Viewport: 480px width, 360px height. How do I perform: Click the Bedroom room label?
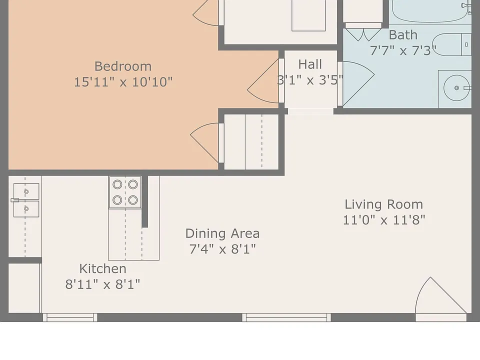click(x=123, y=66)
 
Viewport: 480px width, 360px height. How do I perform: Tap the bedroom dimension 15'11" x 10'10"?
click(x=123, y=82)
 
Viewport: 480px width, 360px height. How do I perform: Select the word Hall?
click(x=310, y=64)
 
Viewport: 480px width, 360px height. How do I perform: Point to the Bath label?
click(x=403, y=35)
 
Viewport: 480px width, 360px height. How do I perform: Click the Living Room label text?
click(x=384, y=204)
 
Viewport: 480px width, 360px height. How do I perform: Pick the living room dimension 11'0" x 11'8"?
click(x=384, y=220)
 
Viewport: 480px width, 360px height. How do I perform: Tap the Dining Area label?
click(x=222, y=233)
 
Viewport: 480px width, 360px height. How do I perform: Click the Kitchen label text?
click(x=103, y=269)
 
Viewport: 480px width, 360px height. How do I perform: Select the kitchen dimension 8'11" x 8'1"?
click(x=103, y=284)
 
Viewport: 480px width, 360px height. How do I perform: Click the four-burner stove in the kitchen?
click(x=125, y=192)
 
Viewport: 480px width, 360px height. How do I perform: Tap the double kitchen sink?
click(x=26, y=200)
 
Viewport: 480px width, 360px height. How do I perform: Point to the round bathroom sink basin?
click(x=456, y=88)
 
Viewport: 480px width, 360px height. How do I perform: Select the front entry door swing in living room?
click(x=441, y=295)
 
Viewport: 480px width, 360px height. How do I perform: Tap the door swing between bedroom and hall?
click(x=263, y=81)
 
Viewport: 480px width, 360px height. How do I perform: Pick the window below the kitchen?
click(x=70, y=317)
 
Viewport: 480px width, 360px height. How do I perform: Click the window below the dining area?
click(x=286, y=317)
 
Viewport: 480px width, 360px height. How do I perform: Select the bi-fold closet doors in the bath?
click(x=363, y=34)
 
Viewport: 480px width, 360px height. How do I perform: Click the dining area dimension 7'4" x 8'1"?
click(x=222, y=249)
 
